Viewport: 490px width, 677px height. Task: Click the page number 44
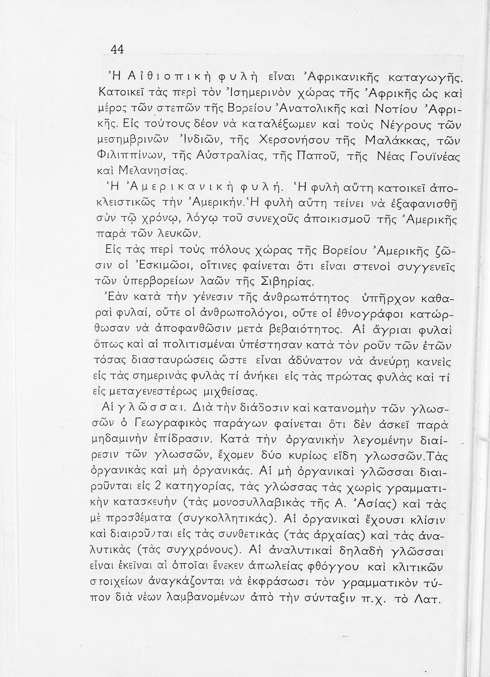click(x=117, y=49)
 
